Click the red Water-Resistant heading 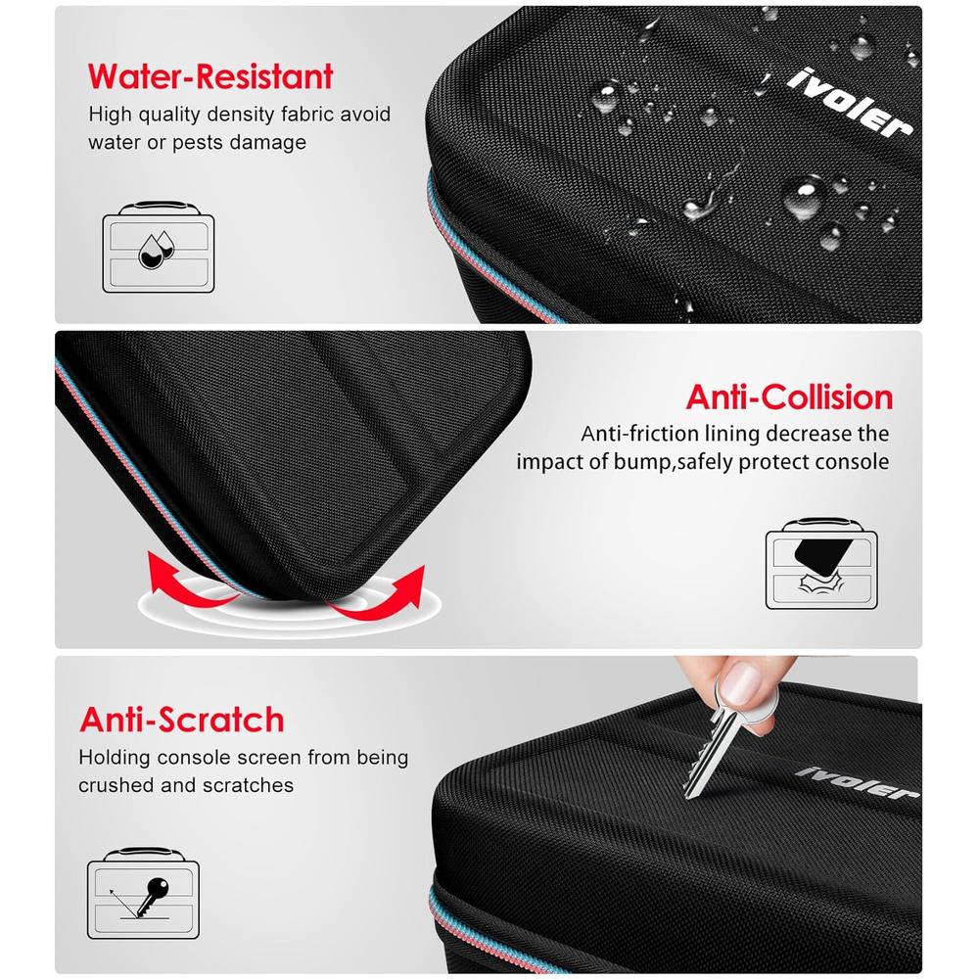[x=210, y=76]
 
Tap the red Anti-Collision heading [x=789, y=397]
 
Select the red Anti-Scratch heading [x=182, y=720]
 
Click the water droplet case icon [x=159, y=247]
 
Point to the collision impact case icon [x=821, y=563]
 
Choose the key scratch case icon [x=144, y=893]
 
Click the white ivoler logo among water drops [x=849, y=103]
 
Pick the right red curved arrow [x=382, y=594]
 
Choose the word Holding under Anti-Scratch [x=115, y=758]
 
